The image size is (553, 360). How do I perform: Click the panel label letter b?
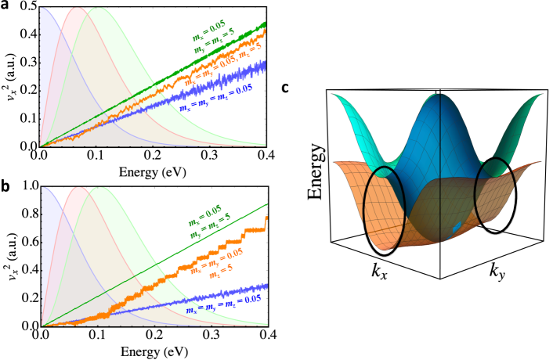[5, 187]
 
